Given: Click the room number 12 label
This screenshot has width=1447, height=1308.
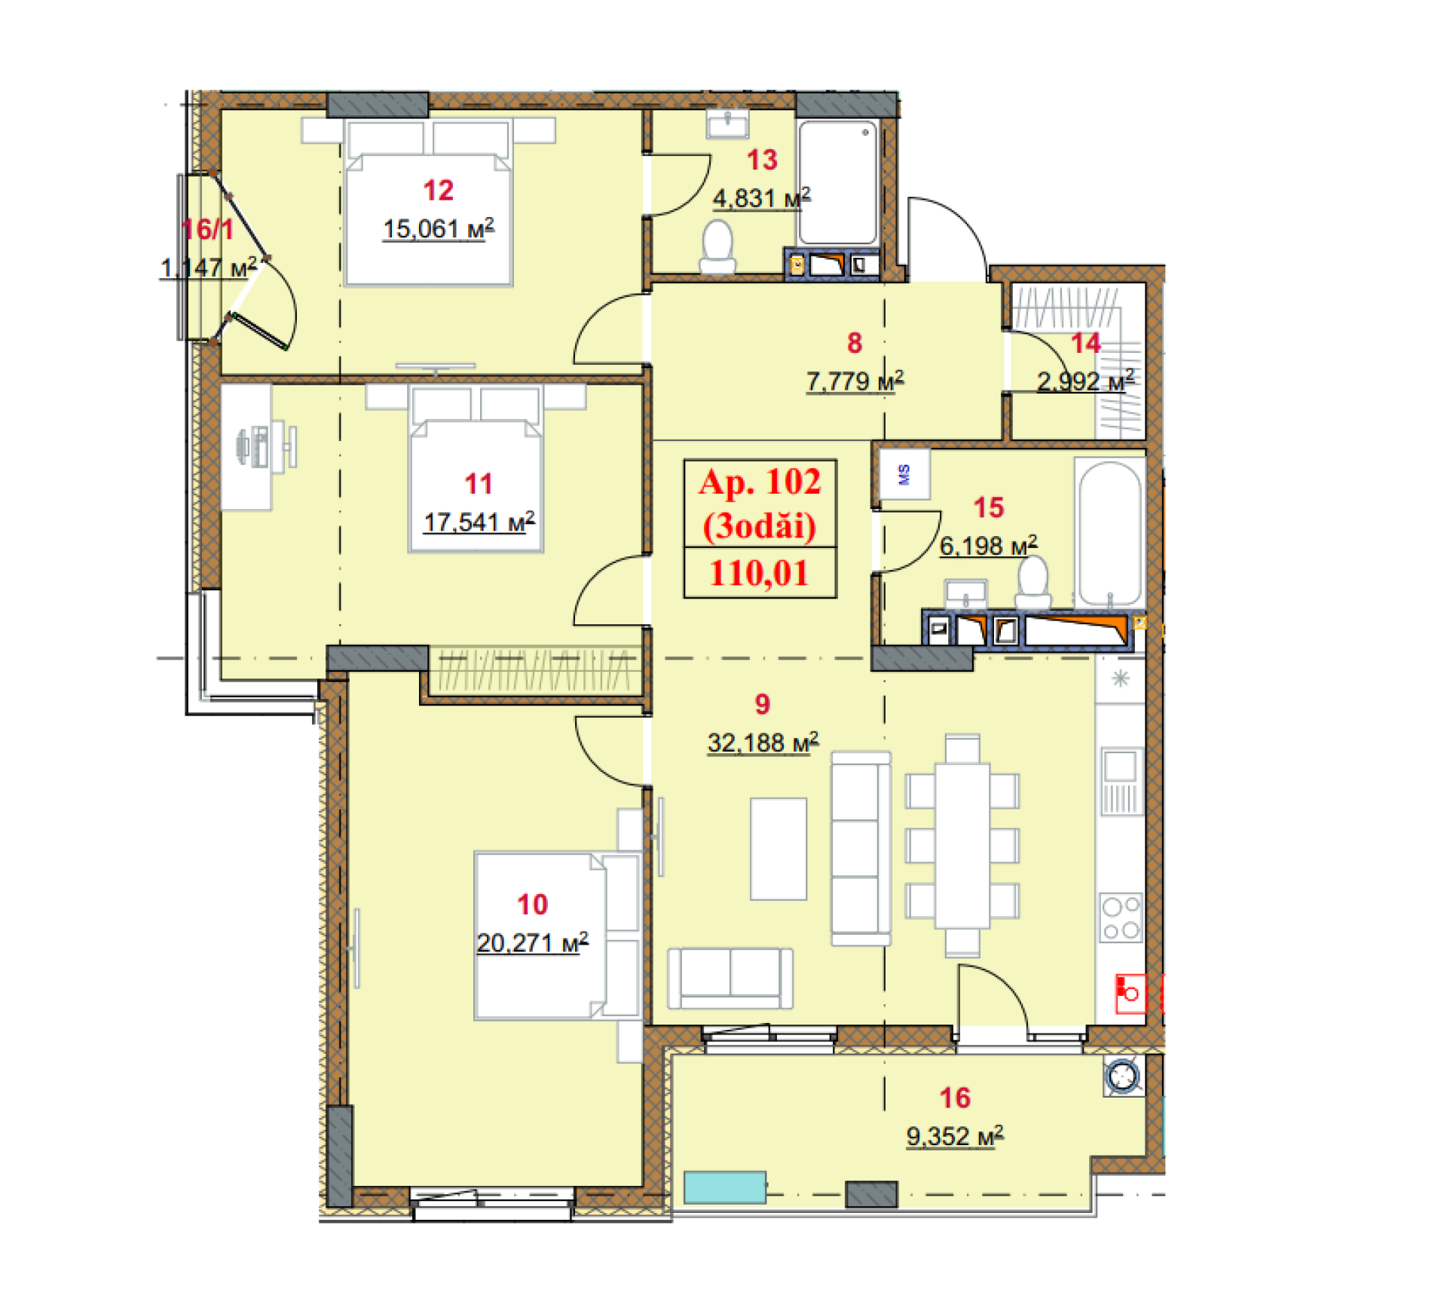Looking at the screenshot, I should (x=438, y=191).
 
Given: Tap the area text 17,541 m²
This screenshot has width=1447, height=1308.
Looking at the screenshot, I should (x=479, y=522).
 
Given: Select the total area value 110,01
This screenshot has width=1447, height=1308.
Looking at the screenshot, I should (x=759, y=574).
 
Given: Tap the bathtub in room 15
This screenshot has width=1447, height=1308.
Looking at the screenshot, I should (x=1109, y=532).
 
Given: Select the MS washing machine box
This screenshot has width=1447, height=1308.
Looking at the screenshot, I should (x=904, y=474).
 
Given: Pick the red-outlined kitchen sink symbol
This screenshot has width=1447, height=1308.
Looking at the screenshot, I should (x=1130, y=993).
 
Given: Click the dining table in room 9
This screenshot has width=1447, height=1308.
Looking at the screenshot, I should (x=962, y=846).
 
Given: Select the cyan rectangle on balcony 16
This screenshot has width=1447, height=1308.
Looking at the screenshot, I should (x=724, y=1187).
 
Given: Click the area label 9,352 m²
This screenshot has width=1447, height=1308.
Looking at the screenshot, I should (x=954, y=1136).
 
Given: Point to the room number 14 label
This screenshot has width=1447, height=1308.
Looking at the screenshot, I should (x=1085, y=344).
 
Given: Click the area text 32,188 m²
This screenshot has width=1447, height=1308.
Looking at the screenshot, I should (x=762, y=743).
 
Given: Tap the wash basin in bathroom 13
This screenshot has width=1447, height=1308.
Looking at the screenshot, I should (x=727, y=124).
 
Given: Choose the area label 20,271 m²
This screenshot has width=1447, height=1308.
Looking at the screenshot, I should (x=532, y=942).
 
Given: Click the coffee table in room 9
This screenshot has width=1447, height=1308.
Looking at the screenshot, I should (x=779, y=849).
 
